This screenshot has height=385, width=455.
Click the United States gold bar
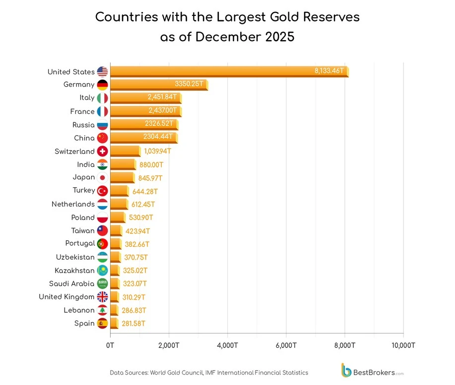point(228,71)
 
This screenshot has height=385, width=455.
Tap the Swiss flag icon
point(103,151)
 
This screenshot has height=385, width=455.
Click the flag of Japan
point(103,177)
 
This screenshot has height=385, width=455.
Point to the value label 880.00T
point(151,165)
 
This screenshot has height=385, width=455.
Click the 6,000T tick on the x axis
point(286,345)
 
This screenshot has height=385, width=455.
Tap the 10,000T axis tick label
point(402,345)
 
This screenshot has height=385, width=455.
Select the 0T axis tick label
point(110,345)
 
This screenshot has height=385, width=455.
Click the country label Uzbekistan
point(75,257)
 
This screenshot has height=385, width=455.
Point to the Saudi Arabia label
point(71,283)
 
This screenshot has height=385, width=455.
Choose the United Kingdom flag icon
point(103,297)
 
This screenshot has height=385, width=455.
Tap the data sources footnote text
point(209,373)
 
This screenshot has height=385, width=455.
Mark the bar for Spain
point(114,324)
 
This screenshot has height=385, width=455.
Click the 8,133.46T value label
point(329,71)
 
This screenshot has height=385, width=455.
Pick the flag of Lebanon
point(103,310)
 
